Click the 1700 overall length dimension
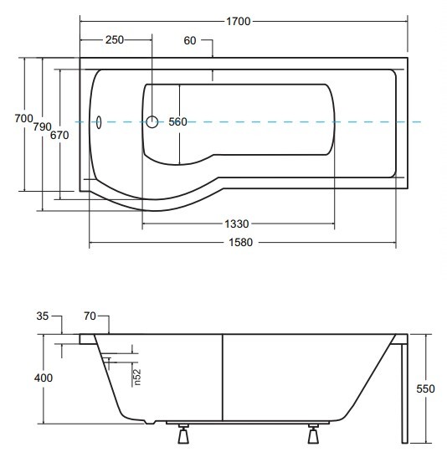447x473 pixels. [239, 22]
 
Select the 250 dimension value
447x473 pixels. [115, 40]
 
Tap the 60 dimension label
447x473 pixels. [190, 40]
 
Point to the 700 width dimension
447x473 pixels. [23, 118]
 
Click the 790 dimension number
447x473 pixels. [42, 126]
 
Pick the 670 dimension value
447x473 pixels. [59, 135]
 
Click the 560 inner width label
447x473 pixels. [177, 122]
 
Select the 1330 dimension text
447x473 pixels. [237, 224]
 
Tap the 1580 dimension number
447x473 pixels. [241, 242]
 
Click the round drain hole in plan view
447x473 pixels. [152, 122]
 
